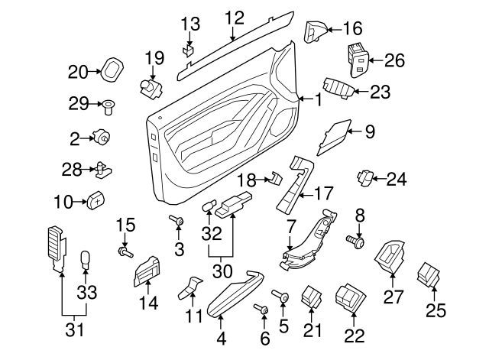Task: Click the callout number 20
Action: coord(78,73)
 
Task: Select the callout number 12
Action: coord(234,17)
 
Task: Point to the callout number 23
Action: coord(380,92)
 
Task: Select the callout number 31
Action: coord(73,332)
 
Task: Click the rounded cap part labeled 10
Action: coord(96,199)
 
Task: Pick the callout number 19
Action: coord(154,57)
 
